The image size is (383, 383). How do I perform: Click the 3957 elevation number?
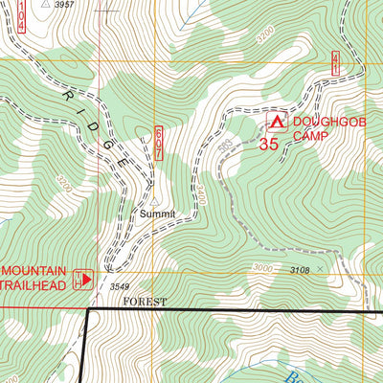point(65,5)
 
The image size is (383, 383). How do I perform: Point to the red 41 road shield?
point(335,64)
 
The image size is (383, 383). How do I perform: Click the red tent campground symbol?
point(277,122)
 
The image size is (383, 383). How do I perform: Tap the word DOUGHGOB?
point(324,122)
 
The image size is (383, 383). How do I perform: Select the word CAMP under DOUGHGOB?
point(310,137)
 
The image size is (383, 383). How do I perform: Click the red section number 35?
point(268,145)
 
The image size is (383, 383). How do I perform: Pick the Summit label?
point(157,214)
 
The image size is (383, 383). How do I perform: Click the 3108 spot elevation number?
point(300,271)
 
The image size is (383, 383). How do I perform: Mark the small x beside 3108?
point(320,271)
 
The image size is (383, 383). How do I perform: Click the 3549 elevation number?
point(119,286)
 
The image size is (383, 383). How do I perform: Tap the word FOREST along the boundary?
point(144,302)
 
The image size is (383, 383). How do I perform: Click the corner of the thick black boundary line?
point(88,310)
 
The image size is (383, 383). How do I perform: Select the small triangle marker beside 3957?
point(45,4)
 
